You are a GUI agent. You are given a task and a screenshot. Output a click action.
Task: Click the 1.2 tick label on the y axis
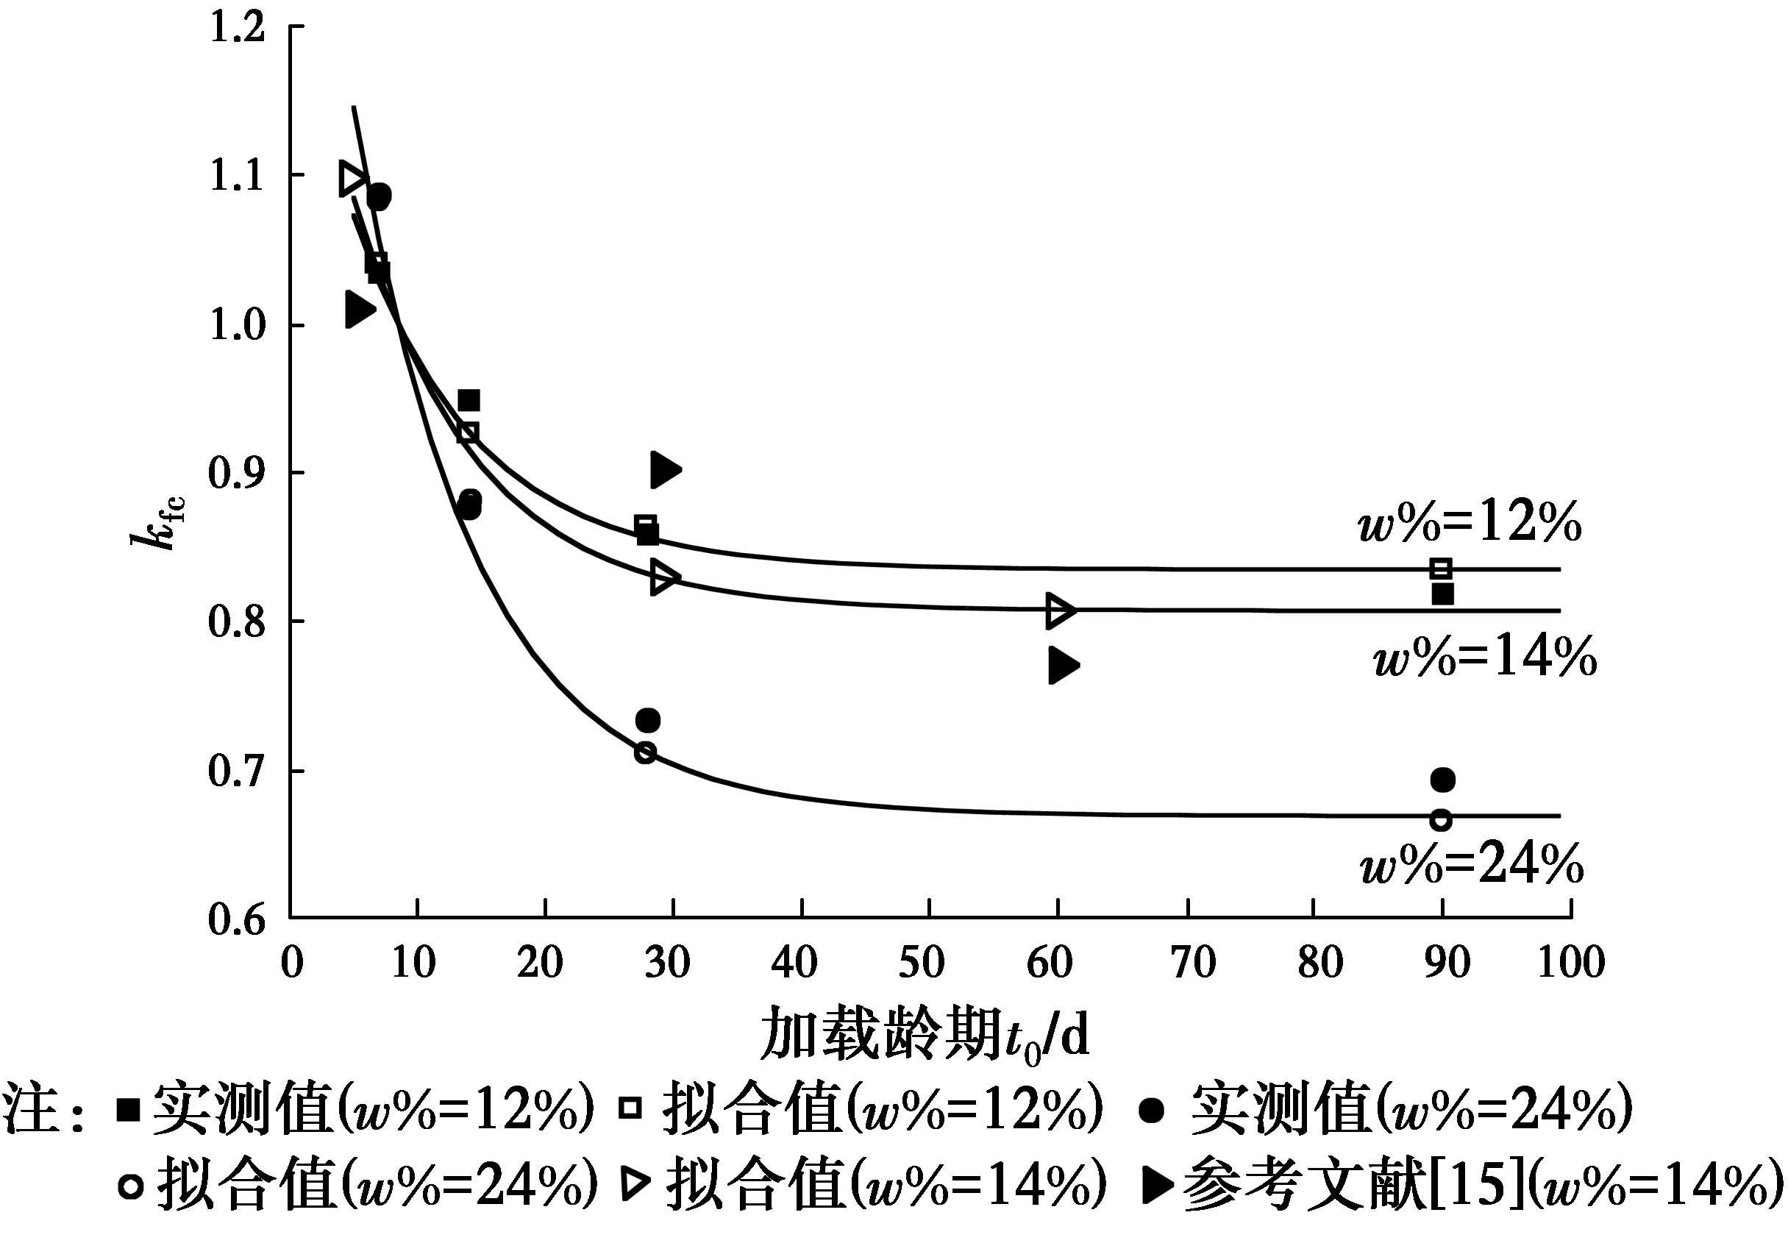click(238, 28)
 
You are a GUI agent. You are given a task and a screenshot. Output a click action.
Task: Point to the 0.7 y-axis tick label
click(238, 772)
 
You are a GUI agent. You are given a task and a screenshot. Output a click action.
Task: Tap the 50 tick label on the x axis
click(922, 964)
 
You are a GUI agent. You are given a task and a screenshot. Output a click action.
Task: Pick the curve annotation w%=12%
click(1470, 523)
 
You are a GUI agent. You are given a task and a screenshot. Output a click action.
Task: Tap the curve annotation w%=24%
click(1472, 864)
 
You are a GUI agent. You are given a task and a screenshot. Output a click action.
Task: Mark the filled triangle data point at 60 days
click(1062, 666)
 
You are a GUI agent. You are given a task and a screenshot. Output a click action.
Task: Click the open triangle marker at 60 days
click(1060, 610)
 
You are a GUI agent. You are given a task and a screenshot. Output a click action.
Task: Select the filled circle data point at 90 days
click(1442, 780)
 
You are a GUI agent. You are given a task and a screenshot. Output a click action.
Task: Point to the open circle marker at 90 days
click(1441, 820)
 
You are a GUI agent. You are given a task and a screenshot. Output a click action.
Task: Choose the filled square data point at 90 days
click(1442, 594)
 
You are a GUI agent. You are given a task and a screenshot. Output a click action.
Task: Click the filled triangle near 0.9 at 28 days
click(664, 470)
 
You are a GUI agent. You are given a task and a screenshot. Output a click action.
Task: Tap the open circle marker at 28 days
click(645, 752)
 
